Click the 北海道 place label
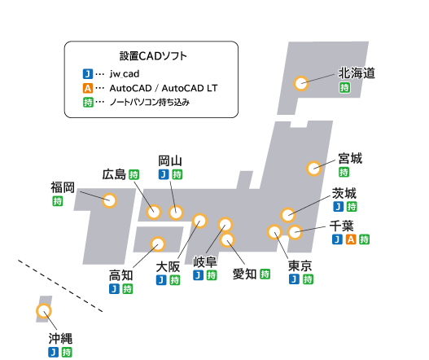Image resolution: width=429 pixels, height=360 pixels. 357,73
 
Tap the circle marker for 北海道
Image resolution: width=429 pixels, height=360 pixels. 301,83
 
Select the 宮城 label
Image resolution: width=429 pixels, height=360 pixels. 350,159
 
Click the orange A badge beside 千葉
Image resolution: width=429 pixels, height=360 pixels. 351,239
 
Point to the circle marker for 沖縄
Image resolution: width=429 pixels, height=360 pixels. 44,311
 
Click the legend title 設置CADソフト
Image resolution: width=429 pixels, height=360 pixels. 153,56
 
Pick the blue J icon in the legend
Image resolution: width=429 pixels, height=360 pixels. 88,74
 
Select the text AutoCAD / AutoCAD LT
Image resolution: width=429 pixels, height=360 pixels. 164,88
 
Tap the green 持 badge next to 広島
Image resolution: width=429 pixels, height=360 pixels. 134,174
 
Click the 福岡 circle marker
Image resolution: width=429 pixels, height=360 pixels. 109,200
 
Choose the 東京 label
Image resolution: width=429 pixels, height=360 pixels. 300,266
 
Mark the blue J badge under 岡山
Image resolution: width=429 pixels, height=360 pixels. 164,174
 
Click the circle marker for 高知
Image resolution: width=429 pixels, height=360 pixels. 158,244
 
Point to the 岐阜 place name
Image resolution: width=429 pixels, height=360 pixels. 205,261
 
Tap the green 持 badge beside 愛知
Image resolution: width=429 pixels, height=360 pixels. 265,274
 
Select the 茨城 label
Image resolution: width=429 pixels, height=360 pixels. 344,193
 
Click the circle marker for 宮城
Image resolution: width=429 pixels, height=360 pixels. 314,169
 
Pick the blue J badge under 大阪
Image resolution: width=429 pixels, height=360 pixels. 161,280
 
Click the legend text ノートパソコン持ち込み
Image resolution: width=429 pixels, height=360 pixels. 150,103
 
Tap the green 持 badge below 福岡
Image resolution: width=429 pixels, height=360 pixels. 58,201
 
